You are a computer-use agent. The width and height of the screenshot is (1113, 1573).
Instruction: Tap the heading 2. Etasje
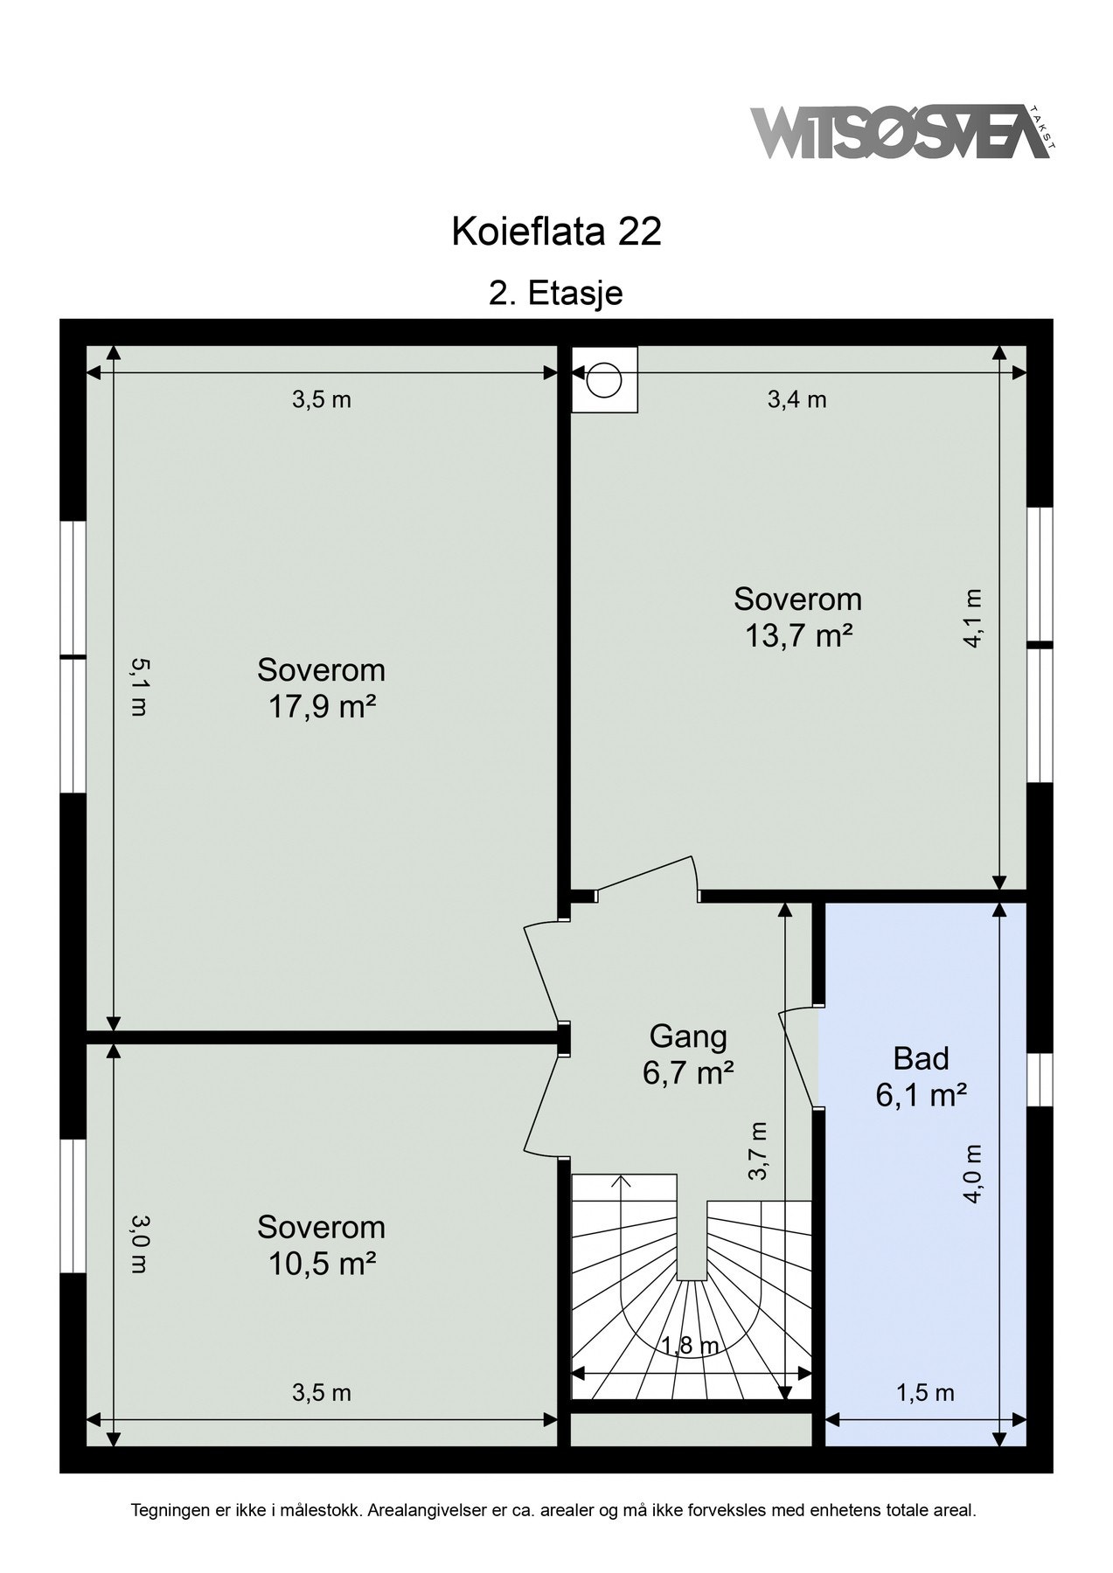556,293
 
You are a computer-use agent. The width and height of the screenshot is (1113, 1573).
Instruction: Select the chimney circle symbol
603,380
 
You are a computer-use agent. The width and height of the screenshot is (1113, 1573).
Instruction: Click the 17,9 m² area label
321,706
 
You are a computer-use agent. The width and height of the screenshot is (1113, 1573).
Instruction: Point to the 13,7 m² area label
798,635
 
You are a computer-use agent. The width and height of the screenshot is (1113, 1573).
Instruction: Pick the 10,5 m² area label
321,1263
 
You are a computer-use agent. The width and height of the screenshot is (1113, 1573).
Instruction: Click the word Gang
688,1036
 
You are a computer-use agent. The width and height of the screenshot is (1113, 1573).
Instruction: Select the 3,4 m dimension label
796,399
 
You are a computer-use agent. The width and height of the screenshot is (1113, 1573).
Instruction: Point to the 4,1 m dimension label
972,617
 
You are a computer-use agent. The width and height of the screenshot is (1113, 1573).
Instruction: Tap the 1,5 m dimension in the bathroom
925,1392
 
